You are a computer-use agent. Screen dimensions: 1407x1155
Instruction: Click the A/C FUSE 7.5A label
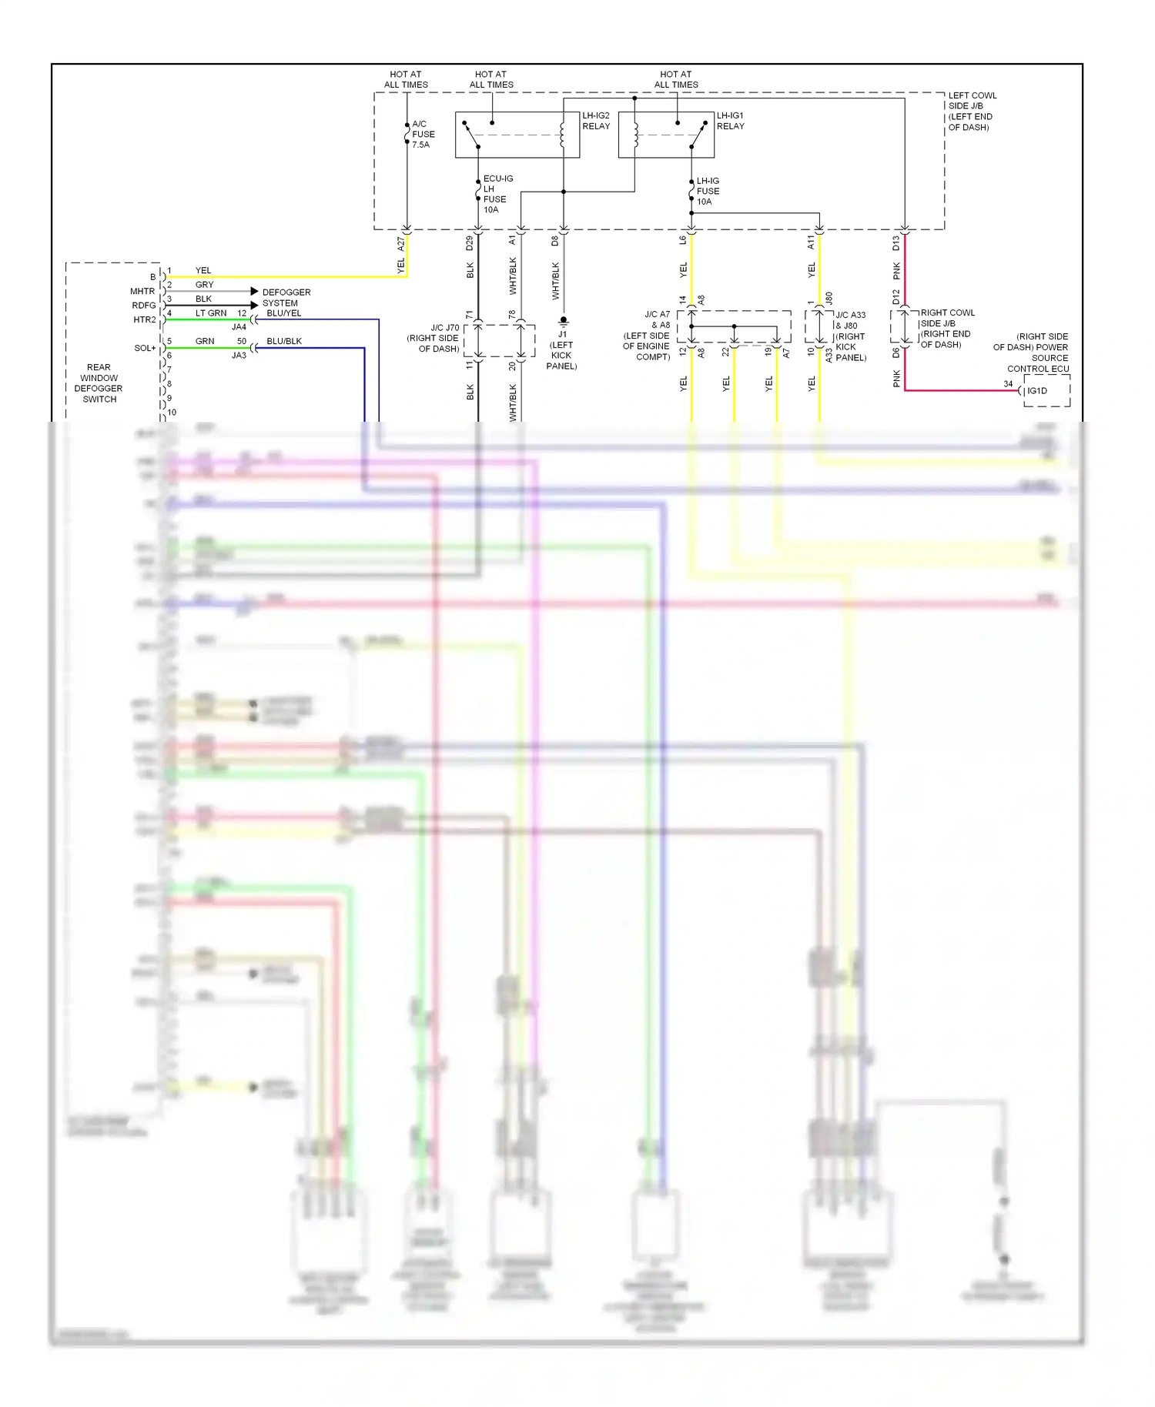[x=423, y=134]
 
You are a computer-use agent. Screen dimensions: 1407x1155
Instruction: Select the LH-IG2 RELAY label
[x=596, y=121]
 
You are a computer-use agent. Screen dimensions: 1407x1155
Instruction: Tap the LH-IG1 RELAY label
[x=730, y=121]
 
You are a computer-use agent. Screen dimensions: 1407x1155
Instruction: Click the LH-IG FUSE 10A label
[x=708, y=191]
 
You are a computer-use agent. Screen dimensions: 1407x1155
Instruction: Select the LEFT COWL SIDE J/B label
[x=972, y=112]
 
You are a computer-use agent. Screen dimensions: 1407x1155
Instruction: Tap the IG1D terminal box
[x=1046, y=391]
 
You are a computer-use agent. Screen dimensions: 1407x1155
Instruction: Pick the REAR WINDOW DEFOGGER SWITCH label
[x=99, y=383]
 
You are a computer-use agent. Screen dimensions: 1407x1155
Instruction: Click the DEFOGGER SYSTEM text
[x=286, y=298]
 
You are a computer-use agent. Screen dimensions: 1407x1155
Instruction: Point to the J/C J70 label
[x=434, y=338]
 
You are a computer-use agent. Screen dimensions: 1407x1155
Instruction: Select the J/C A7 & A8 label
[x=647, y=336]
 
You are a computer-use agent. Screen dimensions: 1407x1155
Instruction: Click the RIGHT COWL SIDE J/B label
[x=946, y=329]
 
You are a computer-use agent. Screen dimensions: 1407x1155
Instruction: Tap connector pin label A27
[x=400, y=243]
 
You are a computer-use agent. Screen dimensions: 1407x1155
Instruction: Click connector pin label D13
[x=896, y=243]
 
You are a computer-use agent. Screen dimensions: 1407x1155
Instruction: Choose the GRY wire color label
[x=204, y=285]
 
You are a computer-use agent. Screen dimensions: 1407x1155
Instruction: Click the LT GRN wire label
[x=210, y=313]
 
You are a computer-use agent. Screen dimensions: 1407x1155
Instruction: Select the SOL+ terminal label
[x=145, y=348]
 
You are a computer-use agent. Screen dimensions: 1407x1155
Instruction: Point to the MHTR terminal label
[x=142, y=291]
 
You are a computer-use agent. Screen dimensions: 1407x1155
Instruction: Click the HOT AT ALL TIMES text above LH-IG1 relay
[x=676, y=79]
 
